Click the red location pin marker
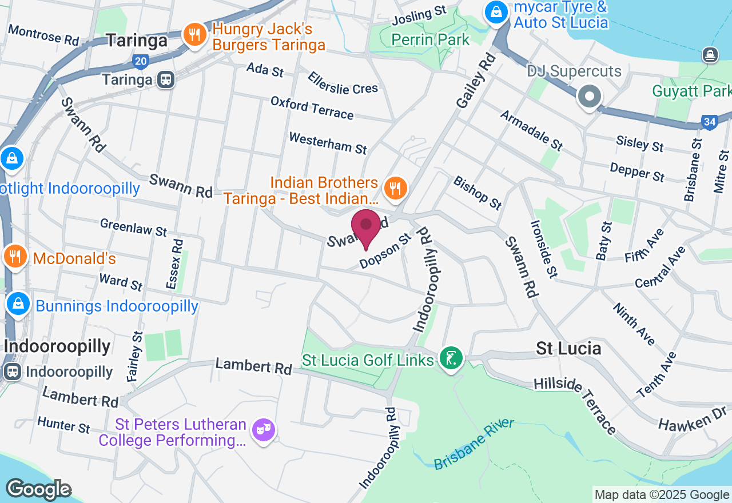(366, 227)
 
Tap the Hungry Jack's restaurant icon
(195, 35)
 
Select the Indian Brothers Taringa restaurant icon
(395, 187)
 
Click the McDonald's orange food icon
(15, 257)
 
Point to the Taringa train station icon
(166, 79)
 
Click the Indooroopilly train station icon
(12, 372)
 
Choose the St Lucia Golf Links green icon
(452, 358)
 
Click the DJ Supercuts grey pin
(589, 96)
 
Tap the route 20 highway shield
(140, 61)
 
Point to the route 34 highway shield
(710, 122)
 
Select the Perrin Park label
(430, 39)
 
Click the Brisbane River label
(474, 445)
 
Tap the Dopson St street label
(385, 251)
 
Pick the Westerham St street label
(328, 143)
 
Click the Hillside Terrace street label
(575, 405)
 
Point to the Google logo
(38, 489)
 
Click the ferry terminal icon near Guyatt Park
(710, 55)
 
